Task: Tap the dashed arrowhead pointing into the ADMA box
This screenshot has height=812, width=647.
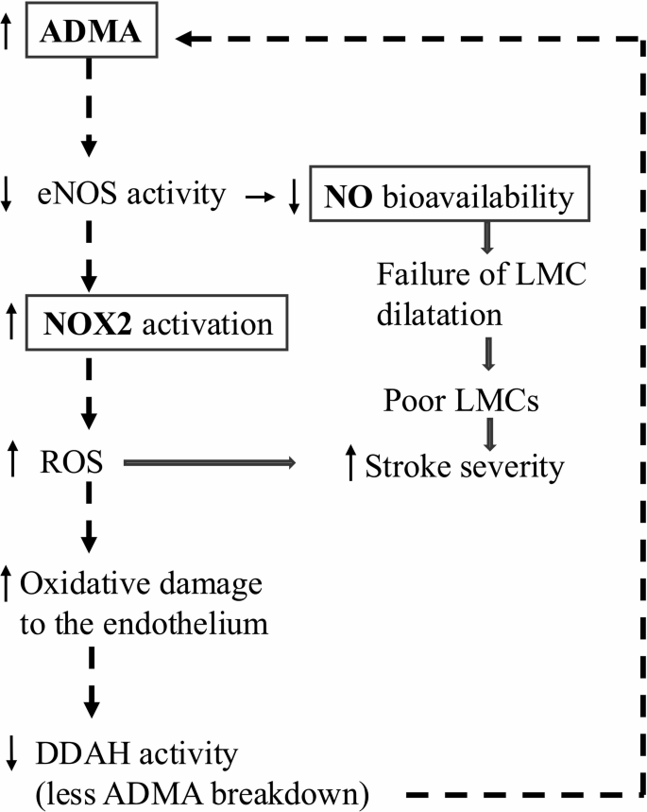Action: pos(190,38)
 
